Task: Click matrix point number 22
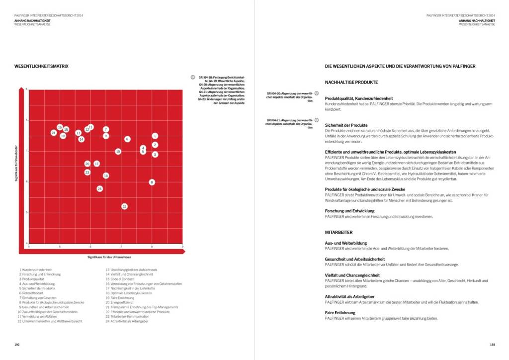124,206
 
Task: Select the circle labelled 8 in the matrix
152,182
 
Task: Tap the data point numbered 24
100,189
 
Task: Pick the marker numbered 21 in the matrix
54,133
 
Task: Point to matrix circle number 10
118,152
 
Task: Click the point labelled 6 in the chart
127,139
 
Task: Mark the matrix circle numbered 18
106,176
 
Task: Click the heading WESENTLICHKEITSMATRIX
42,66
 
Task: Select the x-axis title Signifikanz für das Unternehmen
109,257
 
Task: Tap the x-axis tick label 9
182,247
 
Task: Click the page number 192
17,344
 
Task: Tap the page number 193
492,344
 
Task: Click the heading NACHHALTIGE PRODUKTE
351,82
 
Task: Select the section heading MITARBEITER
339,232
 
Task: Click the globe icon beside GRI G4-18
192,78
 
